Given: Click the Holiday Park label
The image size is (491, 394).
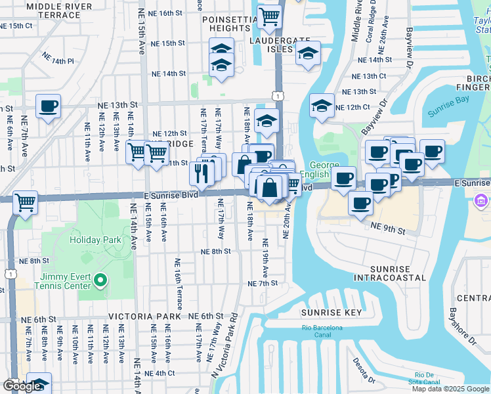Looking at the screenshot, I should click(x=96, y=240).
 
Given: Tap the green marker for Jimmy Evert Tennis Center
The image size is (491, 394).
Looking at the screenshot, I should click(x=100, y=281).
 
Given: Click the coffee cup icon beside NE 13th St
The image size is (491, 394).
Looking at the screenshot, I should click(x=48, y=106).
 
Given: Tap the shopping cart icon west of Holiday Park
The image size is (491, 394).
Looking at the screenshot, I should click(x=25, y=202).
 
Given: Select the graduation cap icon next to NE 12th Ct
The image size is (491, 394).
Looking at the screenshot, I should click(x=321, y=106).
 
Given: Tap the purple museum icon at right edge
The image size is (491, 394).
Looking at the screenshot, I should click(x=482, y=200).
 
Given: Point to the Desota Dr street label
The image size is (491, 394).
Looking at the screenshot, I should click(x=362, y=371).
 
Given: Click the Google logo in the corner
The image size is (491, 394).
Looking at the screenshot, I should click(x=21, y=386).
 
